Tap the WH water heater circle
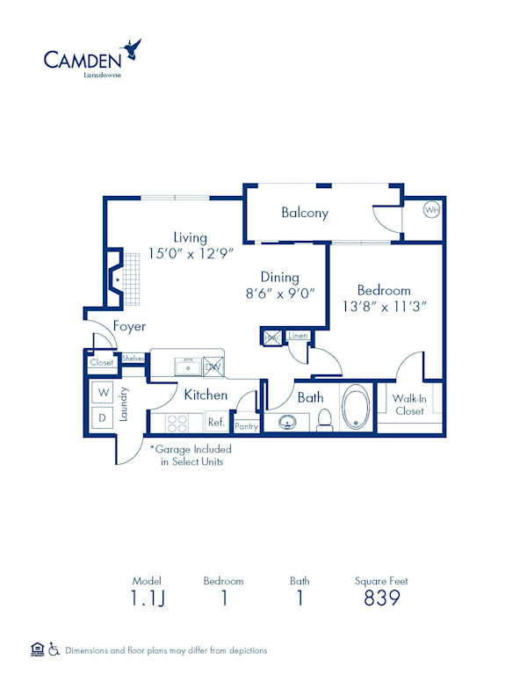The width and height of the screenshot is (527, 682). (x=431, y=210)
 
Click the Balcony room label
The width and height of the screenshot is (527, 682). (x=305, y=213)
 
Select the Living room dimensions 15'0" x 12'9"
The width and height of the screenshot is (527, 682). (x=190, y=253)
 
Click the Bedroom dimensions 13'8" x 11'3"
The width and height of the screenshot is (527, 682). (x=384, y=307)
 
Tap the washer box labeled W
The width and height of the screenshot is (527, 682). (x=103, y=392)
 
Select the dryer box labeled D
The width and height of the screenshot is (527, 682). (x=103, y=418)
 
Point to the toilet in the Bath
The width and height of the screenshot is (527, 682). (x=324, y=419)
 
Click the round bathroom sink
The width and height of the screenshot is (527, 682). (x=287, y=423)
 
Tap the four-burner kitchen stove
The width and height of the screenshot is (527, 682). (x=177, y=423)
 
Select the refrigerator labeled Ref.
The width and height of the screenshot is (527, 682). (x=216, y=423)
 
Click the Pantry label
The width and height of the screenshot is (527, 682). (x=247, y=426)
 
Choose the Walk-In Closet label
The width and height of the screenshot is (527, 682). (x=408, y=404)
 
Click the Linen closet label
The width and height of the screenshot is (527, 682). (x=298, y=336)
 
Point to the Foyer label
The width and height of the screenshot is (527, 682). (x=129, y=327)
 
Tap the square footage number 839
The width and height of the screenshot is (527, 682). (x=381, y=599)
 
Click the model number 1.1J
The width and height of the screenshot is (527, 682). (x=148, y=599)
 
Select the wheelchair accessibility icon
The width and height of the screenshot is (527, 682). (x=54, y=649)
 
